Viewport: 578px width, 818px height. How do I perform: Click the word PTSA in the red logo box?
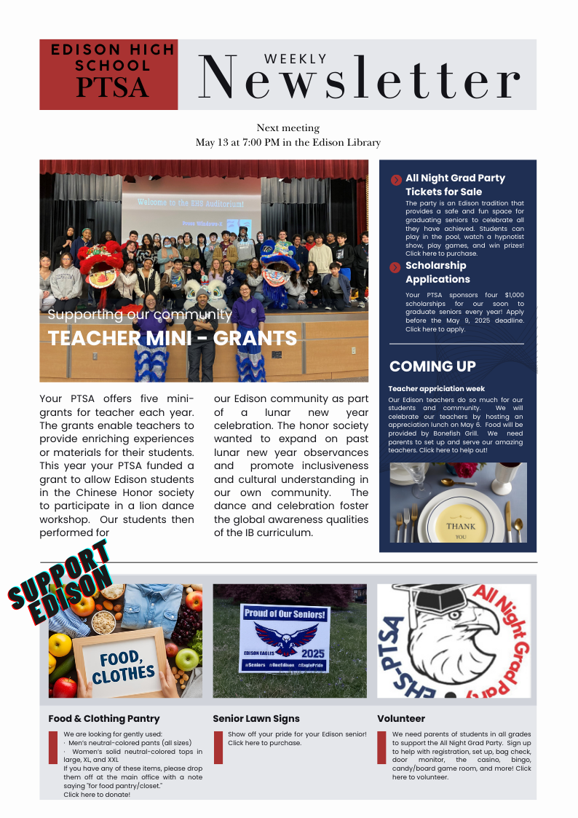(x=112, y=87)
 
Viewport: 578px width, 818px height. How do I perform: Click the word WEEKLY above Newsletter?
(x=295, y=59)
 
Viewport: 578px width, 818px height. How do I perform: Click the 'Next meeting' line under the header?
(x=288, y=128)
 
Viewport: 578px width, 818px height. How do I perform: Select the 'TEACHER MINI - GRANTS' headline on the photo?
(x=173, y=338)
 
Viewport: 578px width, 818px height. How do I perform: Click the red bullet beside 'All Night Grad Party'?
(x=395, y=180)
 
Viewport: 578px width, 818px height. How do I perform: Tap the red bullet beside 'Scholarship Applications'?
(x=395, y=267)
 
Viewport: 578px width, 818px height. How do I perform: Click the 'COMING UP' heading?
(x=432, y=366)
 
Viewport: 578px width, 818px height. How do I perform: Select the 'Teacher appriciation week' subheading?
(x=436, y=389)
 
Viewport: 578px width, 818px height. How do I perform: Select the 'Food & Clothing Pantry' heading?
(x=104, y=719)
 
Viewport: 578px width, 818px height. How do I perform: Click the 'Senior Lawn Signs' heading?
(x=256, y=719)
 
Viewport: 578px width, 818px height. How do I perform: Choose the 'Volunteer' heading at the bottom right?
(x=401, y=719)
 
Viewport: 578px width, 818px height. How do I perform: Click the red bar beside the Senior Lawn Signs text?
(x=218, y=747)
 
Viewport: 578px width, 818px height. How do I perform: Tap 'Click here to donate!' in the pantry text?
(x=97, y=795)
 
